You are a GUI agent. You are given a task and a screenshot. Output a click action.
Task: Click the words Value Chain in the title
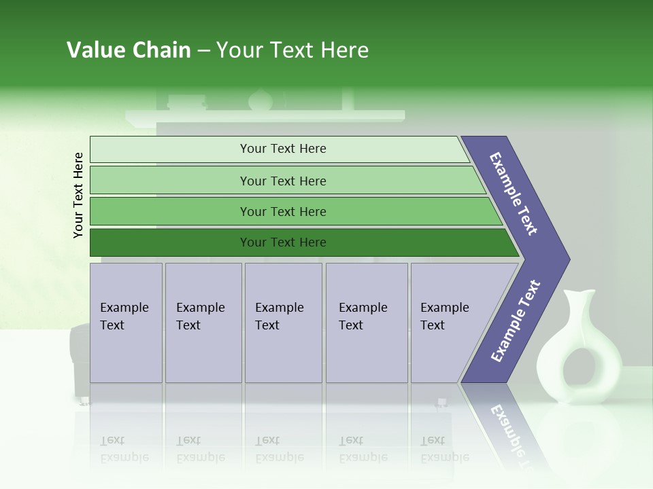click(129, 50)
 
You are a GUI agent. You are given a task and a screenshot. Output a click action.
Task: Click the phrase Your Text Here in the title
click(292, 50)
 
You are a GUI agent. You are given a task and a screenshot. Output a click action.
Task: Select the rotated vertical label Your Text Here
click(78, 195)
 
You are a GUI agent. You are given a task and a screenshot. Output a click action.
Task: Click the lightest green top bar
click(282, 149)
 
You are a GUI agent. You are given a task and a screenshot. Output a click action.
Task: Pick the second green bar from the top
click(282, 181)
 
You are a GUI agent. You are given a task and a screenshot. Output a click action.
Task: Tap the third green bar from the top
click(282, 211)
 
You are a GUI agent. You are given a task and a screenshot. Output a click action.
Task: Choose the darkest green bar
click(282, 242)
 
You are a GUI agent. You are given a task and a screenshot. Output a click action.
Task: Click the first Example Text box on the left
click(126, 323)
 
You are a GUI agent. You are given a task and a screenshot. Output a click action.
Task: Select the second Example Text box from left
click(203, 323)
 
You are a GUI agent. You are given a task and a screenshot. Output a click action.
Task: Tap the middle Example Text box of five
click(282, 323)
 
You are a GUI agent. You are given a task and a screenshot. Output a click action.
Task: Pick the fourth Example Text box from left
click(366, 323)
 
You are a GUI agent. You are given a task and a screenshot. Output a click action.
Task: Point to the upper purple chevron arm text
click(514, 194)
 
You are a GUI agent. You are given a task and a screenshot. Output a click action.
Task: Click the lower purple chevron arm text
click(515, 321)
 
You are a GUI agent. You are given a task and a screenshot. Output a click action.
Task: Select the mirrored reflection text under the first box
click(124, 448)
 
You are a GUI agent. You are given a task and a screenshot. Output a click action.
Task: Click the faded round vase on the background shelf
click(260, 101)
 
